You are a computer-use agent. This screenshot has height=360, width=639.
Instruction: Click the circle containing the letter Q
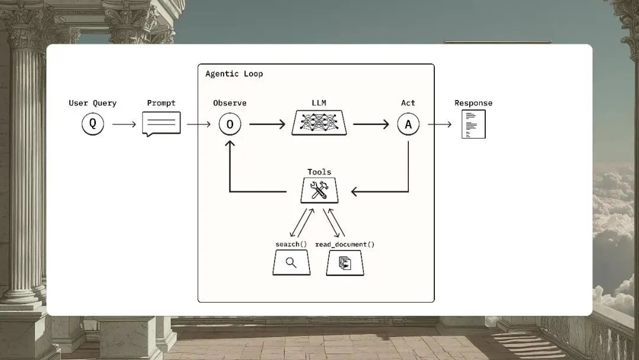coord(93,124)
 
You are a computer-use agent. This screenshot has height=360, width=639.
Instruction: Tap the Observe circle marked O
coord(230,124)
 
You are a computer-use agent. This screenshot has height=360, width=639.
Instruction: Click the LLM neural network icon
coord(319,123)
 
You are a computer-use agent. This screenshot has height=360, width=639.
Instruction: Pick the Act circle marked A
coord(408,124)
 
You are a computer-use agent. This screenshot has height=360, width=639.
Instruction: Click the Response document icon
coord(473,124)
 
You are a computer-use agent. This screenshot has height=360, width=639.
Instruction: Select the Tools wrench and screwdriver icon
coord(319,190)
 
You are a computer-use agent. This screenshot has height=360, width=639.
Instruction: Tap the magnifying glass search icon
coord(291,262)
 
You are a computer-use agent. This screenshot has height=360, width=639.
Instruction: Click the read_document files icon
coord(345,262)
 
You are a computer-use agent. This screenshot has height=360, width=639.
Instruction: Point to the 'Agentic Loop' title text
coord(234,74)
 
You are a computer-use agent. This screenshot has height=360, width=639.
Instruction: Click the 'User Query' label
coord(93,103)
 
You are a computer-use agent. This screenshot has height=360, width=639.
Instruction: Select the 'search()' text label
coord(291,245)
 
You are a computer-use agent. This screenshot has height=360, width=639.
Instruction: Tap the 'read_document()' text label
coord(345,245)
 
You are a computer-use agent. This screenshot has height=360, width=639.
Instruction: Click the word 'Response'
coord(473,103)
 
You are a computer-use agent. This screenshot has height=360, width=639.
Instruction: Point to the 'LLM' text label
coord(319,103)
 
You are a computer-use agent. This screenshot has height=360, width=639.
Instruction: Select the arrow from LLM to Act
coord(371,124)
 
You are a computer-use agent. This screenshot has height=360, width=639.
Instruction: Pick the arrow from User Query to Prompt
coord(124,124)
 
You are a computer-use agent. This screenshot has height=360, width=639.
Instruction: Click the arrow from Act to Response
coord(440,124)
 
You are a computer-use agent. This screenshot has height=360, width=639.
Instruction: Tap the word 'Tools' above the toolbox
coord(319,172)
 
